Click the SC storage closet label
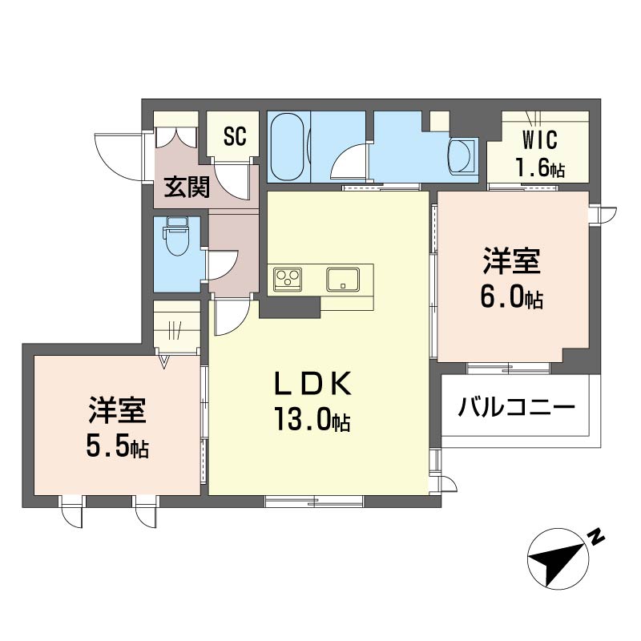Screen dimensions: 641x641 (234, 137)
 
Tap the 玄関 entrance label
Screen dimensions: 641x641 (187, 187)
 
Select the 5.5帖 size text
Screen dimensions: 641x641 (117, 447)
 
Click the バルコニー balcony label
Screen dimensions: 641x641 (516, 408)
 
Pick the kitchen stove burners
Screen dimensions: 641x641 (288, 280)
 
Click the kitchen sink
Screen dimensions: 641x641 (343, 280)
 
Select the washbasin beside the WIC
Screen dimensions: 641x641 (462, 155)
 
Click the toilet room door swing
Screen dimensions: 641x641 (224, 264)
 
